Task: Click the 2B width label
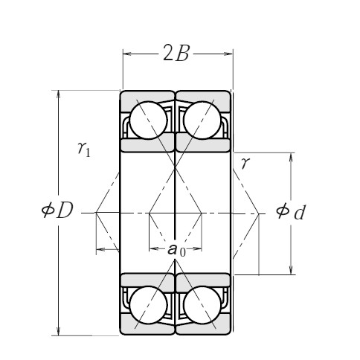coord(177,54)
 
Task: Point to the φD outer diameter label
coord(57,211)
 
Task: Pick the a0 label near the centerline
coord(176,250)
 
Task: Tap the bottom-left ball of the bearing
coord(147,306)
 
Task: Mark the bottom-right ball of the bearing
coord(202,306)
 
